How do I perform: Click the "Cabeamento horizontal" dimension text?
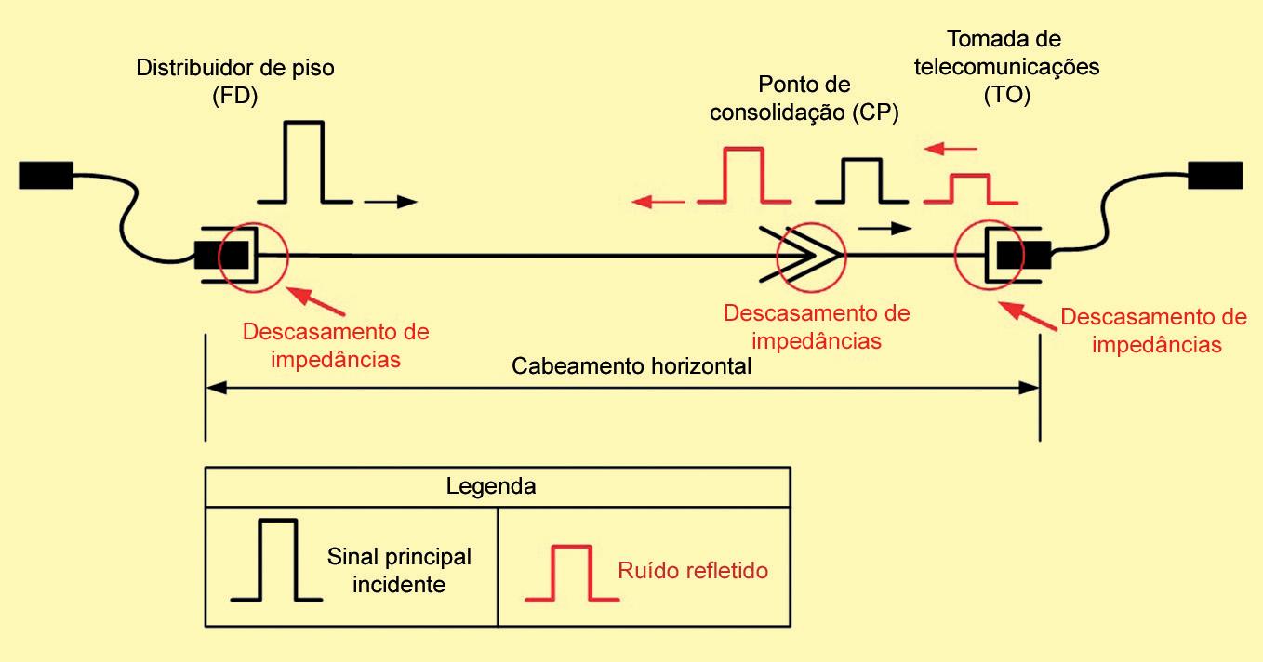point(631,365)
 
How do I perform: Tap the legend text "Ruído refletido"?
point(693,570)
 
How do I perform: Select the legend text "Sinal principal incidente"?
point(399,570)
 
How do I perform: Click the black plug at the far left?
point(46,175)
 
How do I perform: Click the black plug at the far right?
point(1216,175)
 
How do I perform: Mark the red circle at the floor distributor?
point(253,254)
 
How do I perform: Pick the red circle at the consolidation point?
point(811,254)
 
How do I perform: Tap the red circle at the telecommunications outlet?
point(989,254)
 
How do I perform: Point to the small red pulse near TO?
point(970,188)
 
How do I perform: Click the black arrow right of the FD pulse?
point(392,201)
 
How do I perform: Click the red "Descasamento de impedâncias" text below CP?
point(817,326)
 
